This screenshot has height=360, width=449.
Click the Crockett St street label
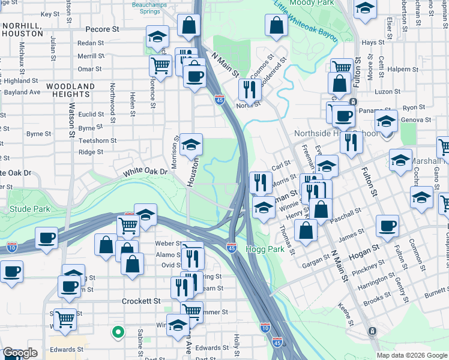pos(142,301)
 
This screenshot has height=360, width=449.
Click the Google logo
pos(20,353)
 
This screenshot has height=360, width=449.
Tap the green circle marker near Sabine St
pos(119,331)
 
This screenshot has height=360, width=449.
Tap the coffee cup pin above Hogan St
pos(387,226)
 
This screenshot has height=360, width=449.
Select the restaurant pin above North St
pos(249,89)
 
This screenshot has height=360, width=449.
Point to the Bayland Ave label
pos(22,92)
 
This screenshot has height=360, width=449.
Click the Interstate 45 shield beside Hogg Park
pos(232,247)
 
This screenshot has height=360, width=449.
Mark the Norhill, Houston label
pos(22,30)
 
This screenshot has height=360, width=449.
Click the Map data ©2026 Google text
pos(412,355)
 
